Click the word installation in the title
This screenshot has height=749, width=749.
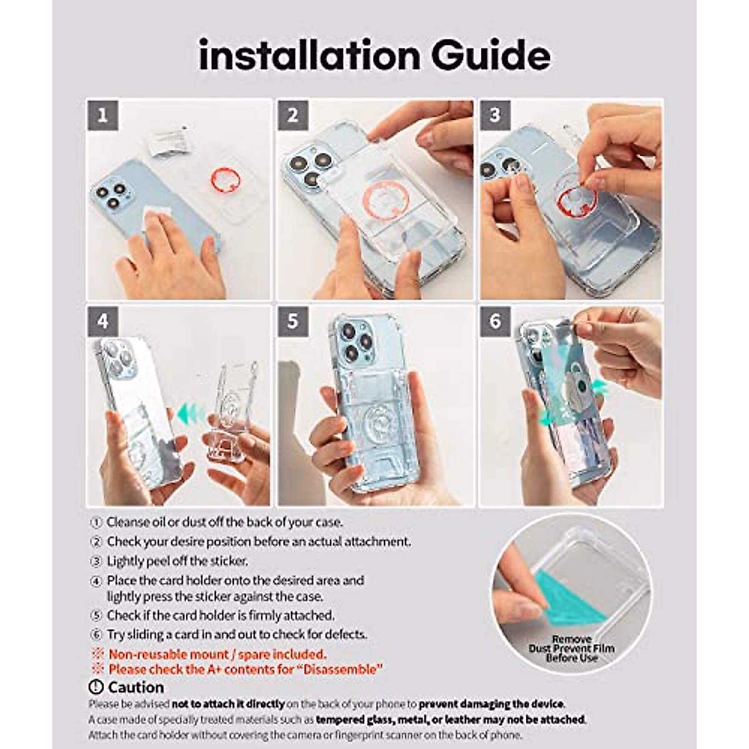point(310,54)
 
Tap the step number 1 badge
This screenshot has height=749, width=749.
point(102,115)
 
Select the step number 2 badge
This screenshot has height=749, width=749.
point(293,115)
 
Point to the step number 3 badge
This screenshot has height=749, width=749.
point(495,115)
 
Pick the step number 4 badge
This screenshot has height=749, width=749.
point(102,321)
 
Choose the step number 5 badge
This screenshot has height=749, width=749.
point(293,321)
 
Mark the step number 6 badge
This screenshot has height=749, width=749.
point(495,321)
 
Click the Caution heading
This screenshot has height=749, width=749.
point(136,687)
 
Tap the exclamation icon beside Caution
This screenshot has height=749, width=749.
point(95,687)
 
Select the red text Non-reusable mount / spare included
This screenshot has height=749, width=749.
point(217,654)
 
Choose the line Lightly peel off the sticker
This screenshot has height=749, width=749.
point(177,561)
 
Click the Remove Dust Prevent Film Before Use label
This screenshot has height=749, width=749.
point(571,649)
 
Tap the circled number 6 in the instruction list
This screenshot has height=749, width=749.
point(95,635)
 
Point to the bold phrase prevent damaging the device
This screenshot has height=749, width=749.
point(492,704)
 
